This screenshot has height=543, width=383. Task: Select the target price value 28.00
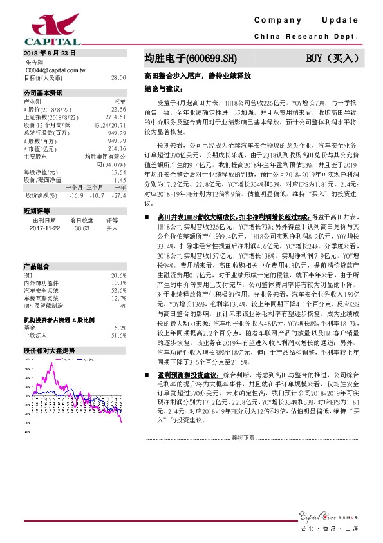click(x=118, y=77)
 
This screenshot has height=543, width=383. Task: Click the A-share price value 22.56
click(x=118, y=109)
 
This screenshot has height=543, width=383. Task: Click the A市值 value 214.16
click(x=117, y=148)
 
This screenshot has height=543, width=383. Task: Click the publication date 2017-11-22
click(x=44, y=228)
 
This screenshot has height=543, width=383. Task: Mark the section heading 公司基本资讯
click(x=43, y=93)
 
